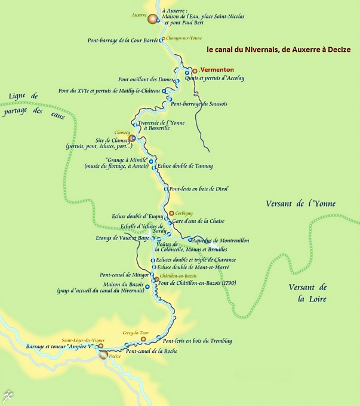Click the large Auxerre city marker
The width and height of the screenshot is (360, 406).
point(153,20)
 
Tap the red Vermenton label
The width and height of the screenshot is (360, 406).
point(217,70)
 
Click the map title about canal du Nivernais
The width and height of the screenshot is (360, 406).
point(279,50)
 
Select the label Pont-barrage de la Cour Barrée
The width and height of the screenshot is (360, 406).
point(123,41)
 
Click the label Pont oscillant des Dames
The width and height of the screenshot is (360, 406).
point(146,79)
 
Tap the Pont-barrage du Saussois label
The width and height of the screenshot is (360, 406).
point(199,104)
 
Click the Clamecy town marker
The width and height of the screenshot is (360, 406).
point(133,138)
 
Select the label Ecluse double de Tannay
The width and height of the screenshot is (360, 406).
point(185,166)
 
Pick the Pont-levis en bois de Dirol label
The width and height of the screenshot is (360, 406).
point(198,189)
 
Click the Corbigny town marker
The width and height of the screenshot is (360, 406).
point(171,213)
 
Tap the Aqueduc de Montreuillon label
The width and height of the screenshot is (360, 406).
point(221,240)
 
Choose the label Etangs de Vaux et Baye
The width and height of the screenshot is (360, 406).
point(122,238)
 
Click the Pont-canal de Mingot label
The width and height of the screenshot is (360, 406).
point(124,275)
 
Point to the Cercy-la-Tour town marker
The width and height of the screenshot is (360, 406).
point(143,339)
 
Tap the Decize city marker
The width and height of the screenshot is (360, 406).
point(103,355)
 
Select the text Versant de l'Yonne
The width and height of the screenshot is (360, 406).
point(301,204)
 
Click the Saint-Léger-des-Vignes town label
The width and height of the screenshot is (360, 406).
point(79,340)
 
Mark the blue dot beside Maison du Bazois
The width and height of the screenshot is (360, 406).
point(147,287)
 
